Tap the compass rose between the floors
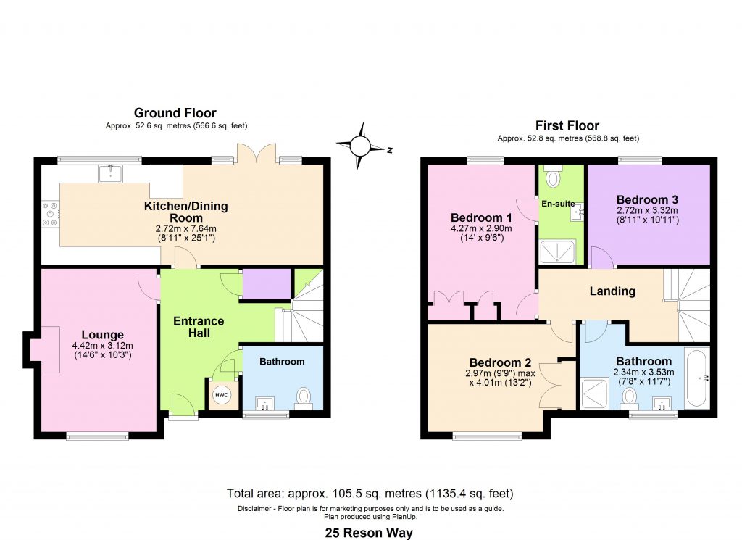click(x=359, y=145)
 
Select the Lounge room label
click(x=102, y=335)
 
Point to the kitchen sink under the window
click(x=111, y=172)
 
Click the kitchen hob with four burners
click(x=51, y=215)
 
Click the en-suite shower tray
click(x=556, y=251)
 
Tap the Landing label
click(x=612, y=291)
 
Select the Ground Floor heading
click(x=175, y=113)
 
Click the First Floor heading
click(x=567, y=126)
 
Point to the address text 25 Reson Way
click(x=370, y=533)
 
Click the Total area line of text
click(x=370, y=494)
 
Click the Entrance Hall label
click(x=199, y=327)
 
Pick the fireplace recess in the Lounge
click(x=42, y=349)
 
